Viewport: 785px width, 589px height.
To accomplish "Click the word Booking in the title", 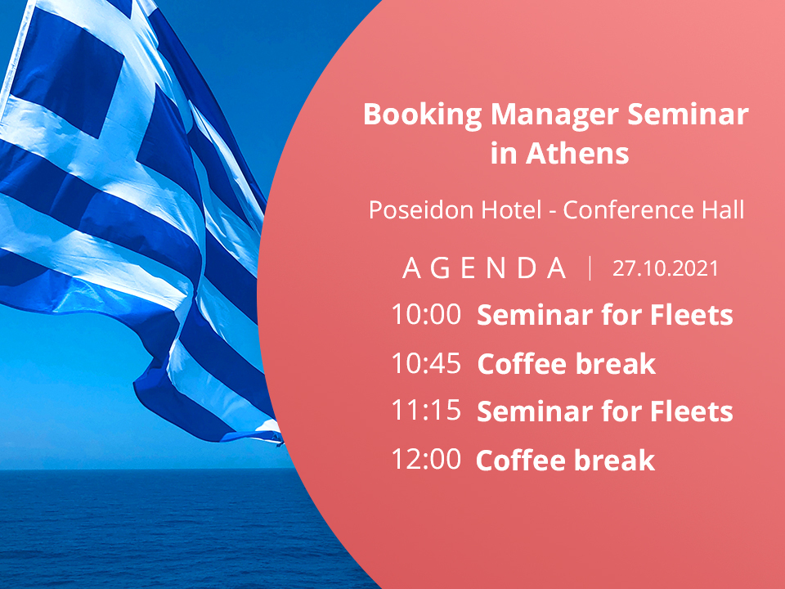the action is (x=423, y=115).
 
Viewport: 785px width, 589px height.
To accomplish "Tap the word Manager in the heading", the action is (x=554, y=115).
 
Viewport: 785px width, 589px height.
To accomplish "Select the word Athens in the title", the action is (x=577, y=153).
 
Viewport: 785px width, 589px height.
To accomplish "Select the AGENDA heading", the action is (x=484, y=268).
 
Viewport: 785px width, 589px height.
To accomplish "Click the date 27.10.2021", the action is (x=666, y=268).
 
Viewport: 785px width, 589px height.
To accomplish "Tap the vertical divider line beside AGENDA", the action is (x=590, y=268).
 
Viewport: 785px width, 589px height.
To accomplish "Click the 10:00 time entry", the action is (x=426, y=314).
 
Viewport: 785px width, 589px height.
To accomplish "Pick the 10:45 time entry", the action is (x=426, y=363).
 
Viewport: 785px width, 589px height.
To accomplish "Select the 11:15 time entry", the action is (x=426, y=411).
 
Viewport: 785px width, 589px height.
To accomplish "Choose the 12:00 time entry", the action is (x=426, y=459).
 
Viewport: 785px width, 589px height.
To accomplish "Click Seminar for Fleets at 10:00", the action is (x=605, y=315).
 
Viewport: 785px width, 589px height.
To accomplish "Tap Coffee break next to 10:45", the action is (x=566, y=363).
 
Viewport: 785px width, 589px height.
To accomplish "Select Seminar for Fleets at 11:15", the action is (x=605, y=411).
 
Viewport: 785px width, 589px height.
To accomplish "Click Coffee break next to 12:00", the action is (x=566, y=460).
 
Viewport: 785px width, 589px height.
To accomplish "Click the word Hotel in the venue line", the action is (x=511, y=209).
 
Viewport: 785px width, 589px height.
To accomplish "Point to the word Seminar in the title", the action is (x=688, y=115).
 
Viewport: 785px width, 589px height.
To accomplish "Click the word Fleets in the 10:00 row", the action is (x=692, y=315).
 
